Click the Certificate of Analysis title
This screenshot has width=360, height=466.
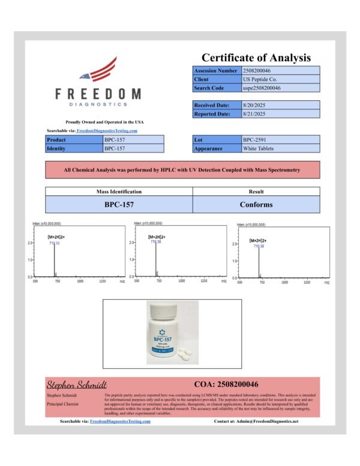[256, 58]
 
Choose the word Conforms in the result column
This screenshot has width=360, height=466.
[256, 204]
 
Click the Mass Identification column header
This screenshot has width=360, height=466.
[119, 192]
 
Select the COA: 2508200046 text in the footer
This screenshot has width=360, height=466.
[226, 384]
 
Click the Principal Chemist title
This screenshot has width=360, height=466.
[62, 404]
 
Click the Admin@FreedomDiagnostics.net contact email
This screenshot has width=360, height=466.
[266, 422]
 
